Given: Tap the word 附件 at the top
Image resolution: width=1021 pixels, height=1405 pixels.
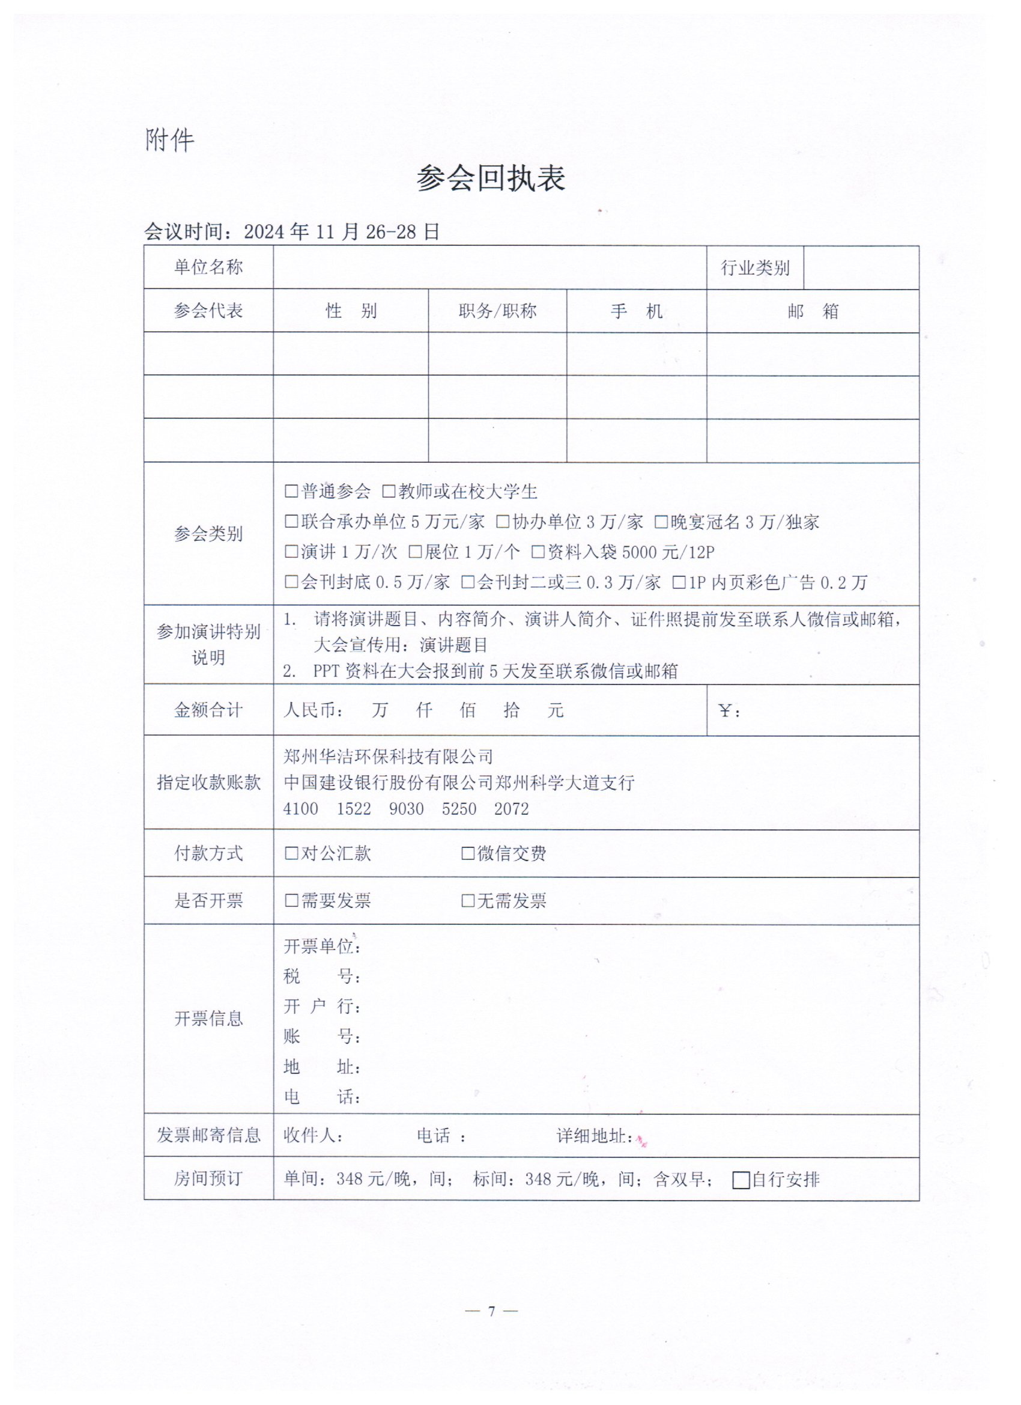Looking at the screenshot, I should [x=169, y=141].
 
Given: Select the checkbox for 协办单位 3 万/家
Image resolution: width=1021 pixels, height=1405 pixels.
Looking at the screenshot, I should [x=503, y=522].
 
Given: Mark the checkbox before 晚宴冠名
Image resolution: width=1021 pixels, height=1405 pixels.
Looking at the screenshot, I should [x=661, y=522].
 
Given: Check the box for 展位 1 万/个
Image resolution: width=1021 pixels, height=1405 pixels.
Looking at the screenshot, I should [x=415, y=551].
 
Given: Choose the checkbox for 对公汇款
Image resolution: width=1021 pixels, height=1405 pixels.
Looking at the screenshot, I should [x=291, y=853].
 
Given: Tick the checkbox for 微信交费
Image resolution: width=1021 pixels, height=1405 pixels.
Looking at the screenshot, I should [x=468, y=853].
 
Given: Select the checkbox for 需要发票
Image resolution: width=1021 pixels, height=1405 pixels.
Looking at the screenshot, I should [x=291, y=900].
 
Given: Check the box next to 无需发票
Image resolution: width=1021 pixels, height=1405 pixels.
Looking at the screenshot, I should [x=468, y=900].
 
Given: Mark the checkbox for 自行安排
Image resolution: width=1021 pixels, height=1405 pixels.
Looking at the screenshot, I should [x=741, y=1180].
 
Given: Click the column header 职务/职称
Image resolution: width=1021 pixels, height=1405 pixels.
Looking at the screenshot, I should [x=497, y=311].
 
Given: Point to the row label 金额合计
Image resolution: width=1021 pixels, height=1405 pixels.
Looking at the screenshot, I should [x=208, y=710].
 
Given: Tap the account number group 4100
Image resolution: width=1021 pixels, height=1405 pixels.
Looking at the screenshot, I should [x=300, y=809].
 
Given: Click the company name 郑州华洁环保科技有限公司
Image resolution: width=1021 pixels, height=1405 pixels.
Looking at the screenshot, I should [x=388, y=757].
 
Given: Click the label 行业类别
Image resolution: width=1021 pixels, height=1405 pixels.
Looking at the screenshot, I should [x=755, y=268].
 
